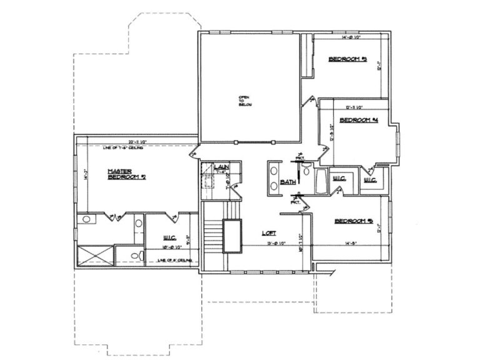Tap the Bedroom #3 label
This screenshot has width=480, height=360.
click(347, 59)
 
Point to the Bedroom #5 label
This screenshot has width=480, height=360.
click(353, 221)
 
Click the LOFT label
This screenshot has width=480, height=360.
click(269, 233)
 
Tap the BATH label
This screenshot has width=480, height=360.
click(287, 182)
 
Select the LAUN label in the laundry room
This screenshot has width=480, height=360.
click(220, 167)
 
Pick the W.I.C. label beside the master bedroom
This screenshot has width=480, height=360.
click(169, 237)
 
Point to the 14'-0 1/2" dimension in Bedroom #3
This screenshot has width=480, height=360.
click(351, 38)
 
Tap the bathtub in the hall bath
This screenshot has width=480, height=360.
click(319, 182)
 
